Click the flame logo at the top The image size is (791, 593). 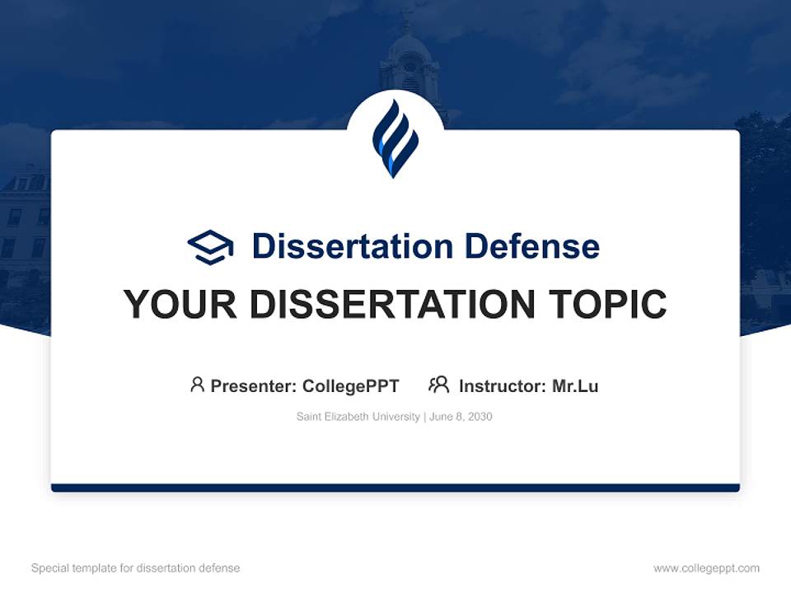click(395, 138)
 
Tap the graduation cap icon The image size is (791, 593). click(210, 246)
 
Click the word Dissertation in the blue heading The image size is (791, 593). click(352, 246)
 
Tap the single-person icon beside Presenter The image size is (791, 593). click(197, 385)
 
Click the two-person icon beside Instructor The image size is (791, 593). click(438, 385)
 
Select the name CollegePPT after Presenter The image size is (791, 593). click(351, 386)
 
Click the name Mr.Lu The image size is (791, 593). click(575, 386)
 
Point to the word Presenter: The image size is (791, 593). click(254, 386)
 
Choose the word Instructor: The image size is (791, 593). click(503, 386)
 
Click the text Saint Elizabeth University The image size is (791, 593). click(358, 417)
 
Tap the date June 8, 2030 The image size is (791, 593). click(461, 417)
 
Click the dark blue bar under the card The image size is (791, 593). click(395, 488)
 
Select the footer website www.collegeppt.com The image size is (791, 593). click(706, 568)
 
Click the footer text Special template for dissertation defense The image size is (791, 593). click(135, 568)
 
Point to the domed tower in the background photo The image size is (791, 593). click(410, 58)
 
